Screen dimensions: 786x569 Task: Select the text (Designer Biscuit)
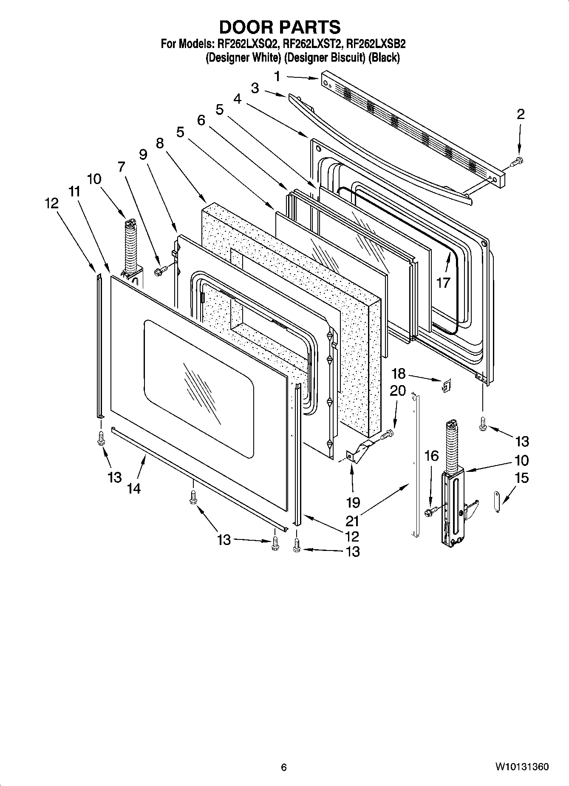325,57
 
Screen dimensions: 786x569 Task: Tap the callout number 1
277,77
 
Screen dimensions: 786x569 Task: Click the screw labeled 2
518,161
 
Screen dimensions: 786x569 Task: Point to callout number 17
443,283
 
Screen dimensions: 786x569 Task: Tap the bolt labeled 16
430,511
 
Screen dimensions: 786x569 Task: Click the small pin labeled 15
498,502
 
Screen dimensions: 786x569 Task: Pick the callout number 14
133,488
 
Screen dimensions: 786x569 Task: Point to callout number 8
159,143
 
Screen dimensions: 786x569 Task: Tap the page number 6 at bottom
284,767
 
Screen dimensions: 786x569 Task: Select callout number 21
352,521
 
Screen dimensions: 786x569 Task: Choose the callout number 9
143,155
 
